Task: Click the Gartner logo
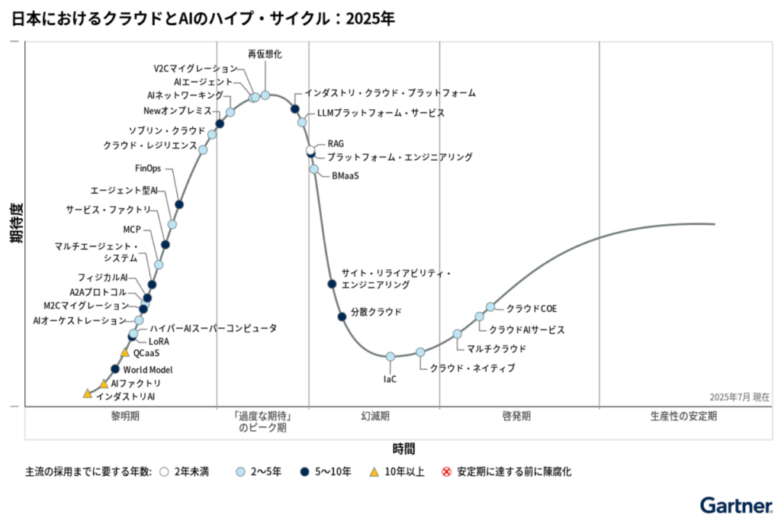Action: coord(734,505)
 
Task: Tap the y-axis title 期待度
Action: coord(15,223)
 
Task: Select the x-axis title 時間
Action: coord(404,448)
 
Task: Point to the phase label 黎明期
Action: coord(125,416)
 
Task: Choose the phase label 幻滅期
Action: coord(375,416)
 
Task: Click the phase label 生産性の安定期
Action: coord(683,416)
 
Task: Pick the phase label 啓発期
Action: coord(516,416)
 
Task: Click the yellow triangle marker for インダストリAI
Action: coord(87,394)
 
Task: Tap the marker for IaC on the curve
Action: coord(390,356)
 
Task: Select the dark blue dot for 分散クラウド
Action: coord(342,317)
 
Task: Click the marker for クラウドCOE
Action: coord(490,307)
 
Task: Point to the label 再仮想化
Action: coord(265,54)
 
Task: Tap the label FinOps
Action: coord(148,169)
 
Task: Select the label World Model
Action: coord(148,369)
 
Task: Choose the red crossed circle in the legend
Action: coord(447,472)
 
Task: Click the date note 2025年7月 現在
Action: coord(739,397)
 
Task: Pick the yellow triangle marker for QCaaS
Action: coord(125,352)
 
